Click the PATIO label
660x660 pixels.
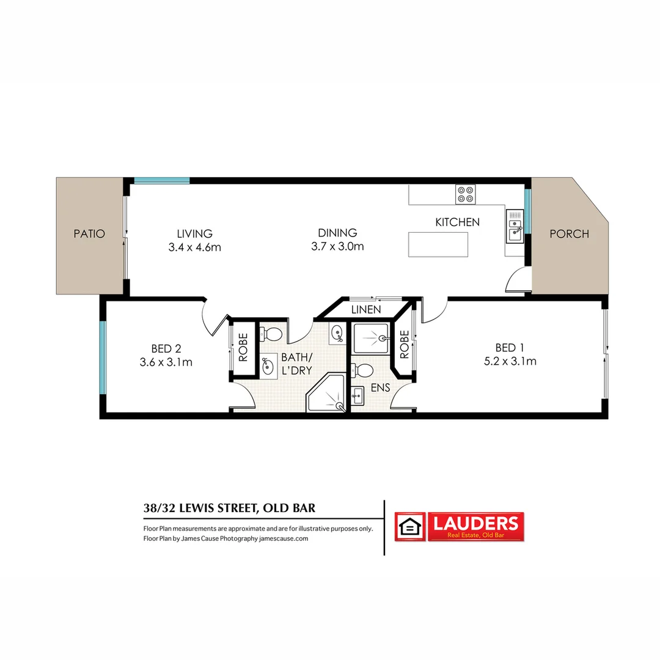pos(89,233)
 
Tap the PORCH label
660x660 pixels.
pos(569,233)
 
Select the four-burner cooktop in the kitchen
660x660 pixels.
pos(465,194)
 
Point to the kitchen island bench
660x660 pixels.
pos(438,244)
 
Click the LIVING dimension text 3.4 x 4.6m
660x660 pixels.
pos(194,248)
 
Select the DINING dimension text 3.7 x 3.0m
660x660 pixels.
pos(337,247)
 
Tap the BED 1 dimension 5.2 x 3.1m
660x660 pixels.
pos(510,361)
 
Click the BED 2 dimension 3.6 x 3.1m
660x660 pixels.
pos(166,362)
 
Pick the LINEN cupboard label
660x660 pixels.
pos(366,310)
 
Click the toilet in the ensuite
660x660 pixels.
pos(364,370)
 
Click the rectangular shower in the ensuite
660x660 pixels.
pos(371,339)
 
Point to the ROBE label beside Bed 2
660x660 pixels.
pos(243,346)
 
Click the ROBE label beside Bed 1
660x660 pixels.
pos(404,345)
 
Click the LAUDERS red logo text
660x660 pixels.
pos(475,523)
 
